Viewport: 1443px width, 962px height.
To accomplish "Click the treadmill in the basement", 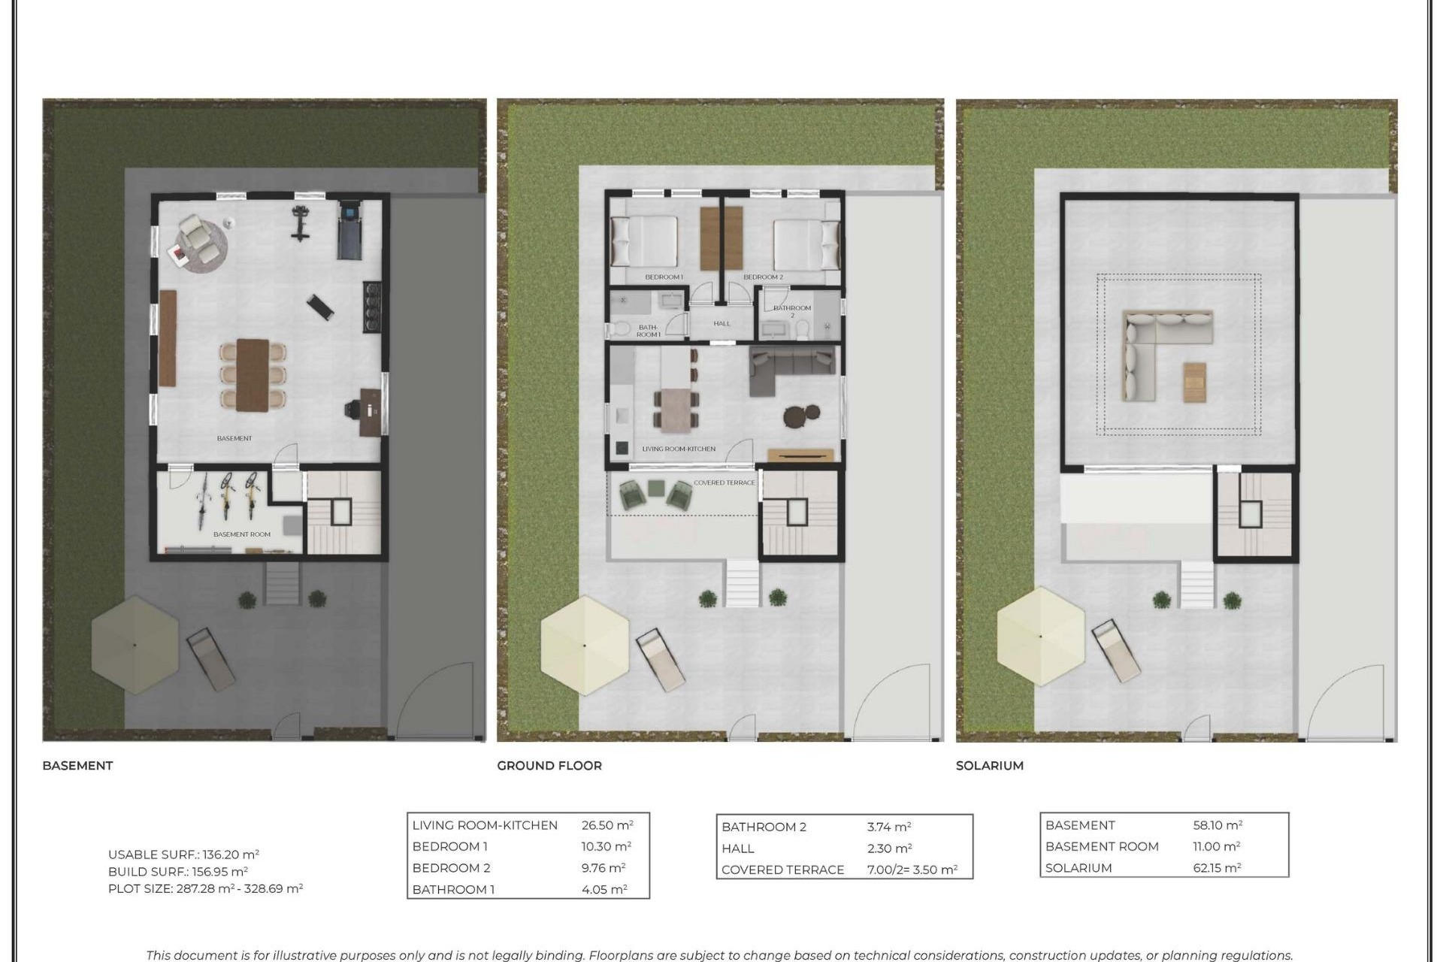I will coord(349,228).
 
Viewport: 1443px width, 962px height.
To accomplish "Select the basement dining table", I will coord(253,375).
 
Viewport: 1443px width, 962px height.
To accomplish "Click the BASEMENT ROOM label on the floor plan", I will coord(241,534).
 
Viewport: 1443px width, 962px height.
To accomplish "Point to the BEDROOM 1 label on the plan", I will coord(664,277).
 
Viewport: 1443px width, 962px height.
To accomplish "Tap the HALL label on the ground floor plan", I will coord(721,324).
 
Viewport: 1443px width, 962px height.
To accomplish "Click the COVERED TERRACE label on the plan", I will coord(724,483).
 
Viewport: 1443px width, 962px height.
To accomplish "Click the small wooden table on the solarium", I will coord(1194,382).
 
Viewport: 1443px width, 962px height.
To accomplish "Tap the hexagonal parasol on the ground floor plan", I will coord(585,645).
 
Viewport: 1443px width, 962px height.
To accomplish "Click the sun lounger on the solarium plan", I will coord(1116,650).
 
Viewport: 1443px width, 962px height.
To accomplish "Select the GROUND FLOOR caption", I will coord(549,766).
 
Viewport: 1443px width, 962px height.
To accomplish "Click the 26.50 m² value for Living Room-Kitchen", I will coord(607,825).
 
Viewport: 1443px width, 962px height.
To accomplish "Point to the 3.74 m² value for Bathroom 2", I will coord(888,827).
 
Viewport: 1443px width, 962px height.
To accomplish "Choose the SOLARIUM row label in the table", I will coord(1078,868).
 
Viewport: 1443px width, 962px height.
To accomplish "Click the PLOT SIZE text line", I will coord(205,888).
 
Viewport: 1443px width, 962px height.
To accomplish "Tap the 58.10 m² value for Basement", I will coord(1217,825).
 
